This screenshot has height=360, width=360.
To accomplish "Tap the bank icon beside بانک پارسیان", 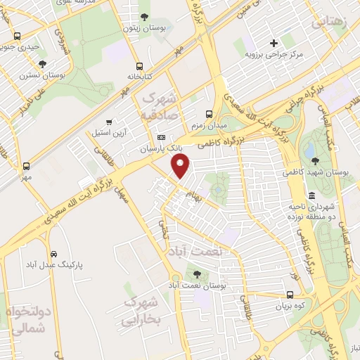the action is [162, 137].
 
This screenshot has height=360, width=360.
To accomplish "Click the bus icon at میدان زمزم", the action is [209, 113].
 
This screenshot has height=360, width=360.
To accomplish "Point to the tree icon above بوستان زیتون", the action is [144, 18].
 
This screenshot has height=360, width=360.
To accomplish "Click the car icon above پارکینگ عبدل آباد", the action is [53, 253].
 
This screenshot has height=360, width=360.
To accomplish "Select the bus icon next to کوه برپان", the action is [290, 295].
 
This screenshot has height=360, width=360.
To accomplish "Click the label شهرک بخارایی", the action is [142, 311].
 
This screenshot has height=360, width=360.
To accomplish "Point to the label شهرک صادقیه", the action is [160, 104].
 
